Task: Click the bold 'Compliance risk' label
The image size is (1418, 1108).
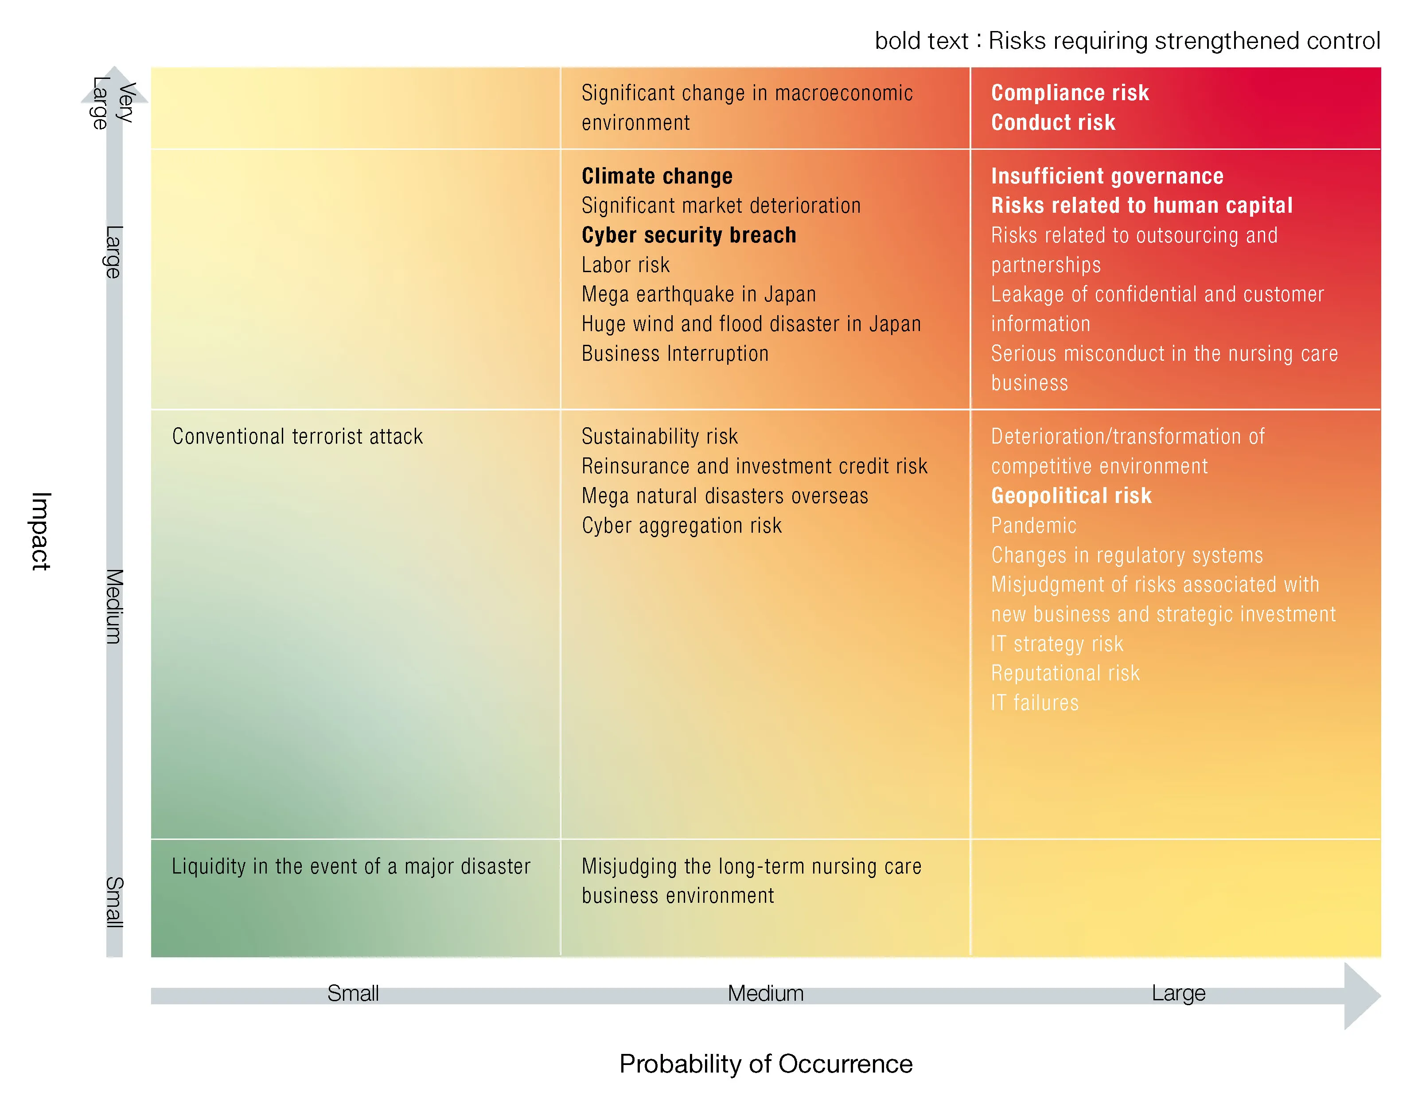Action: click(1069, 93)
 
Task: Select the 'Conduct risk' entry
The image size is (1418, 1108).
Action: click(1052, 122)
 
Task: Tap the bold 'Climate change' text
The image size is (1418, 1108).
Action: click(656, 176)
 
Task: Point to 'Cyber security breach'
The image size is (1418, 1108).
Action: click(688, 235)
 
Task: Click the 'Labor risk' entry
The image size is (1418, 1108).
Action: click(625, 265)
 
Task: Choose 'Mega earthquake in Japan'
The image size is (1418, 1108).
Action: click(698, 294)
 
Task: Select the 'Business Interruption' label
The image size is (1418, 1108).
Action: click(674, 353)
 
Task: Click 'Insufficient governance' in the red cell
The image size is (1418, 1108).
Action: click(1106, 176)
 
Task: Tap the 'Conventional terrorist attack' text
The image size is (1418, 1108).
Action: click(297, 437)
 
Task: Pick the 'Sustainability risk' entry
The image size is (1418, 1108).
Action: click(659, 437)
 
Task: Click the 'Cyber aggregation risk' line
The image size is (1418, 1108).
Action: click(681, 526)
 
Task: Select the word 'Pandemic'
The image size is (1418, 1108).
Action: click(1033, 526)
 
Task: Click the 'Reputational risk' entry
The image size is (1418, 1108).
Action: click(1065, 673)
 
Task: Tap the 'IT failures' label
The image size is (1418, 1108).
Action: click(1034, 703)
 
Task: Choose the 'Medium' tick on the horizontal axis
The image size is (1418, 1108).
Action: click(765, 993)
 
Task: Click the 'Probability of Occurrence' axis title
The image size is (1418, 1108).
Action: click(765, 1064)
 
